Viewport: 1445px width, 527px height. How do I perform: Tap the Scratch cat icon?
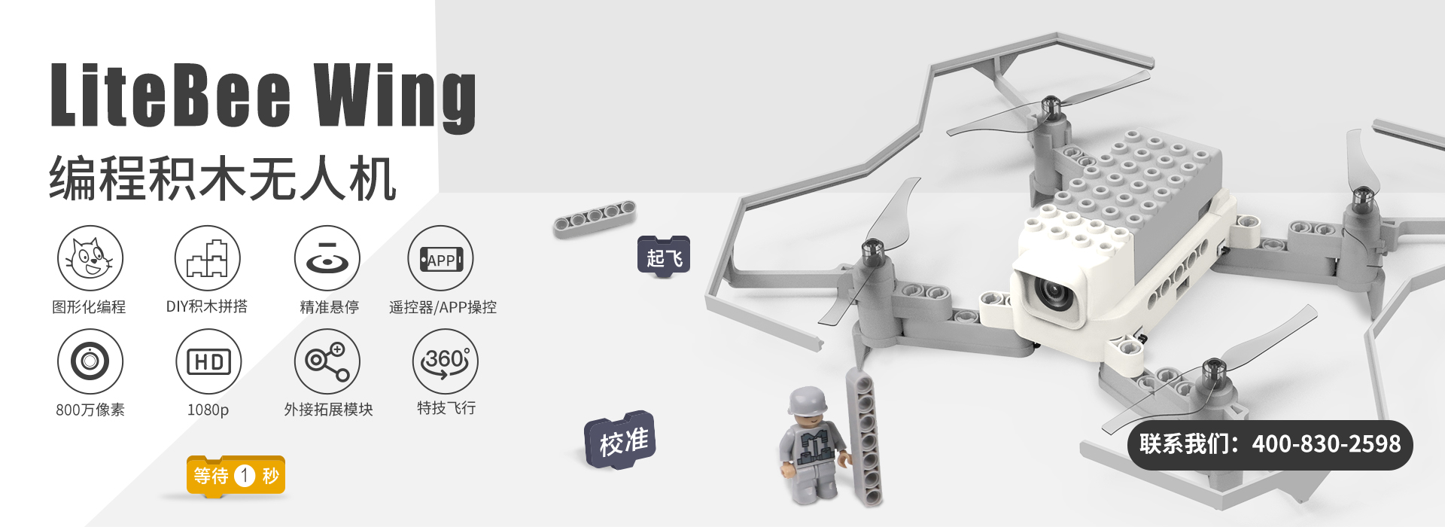click(90, 258)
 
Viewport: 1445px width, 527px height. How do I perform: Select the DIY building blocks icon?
click(208, 258)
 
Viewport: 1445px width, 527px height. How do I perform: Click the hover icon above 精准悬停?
click(327, 258)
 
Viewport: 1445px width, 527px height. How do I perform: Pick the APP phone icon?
click(441, 258)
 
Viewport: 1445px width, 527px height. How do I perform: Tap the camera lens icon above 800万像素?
click(90, 361)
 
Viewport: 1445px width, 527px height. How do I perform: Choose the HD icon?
click(208, 361)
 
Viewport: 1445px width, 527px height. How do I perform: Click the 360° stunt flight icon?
click(446, 361)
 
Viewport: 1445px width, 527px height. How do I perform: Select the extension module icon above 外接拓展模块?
click(327, 361)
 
